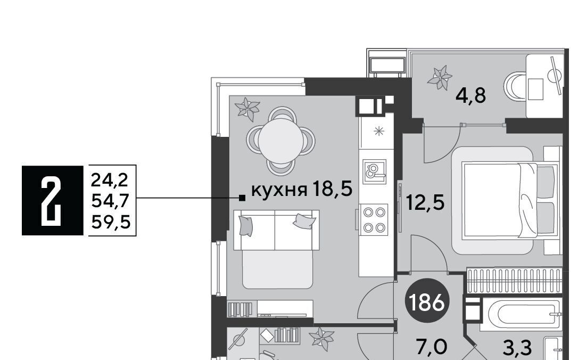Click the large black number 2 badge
(52, 200)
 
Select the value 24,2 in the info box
(110, 181)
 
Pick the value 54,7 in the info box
(110, 201)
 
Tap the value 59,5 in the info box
(111, 222)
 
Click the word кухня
(279, 190)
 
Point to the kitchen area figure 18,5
(332, 189)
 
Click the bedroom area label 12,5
(425, 202)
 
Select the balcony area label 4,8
(470, 96)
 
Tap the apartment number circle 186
(427, 302)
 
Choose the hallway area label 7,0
(431, 347)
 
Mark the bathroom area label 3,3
(518, 347)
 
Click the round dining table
(280, 141)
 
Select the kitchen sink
(375, 171)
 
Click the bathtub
(521, 314)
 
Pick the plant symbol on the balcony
(440, 77)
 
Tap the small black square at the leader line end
(242, 198)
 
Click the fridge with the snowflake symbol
(376, 131)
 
